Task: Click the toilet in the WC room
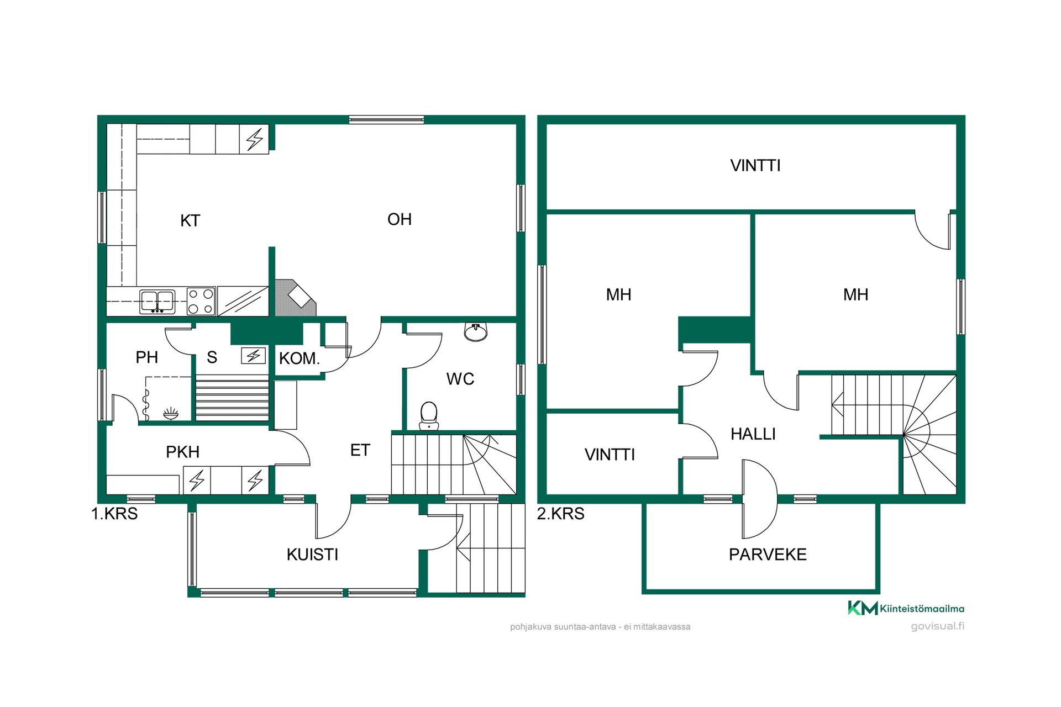tap(429, 416)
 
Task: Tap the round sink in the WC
tap(475, 332)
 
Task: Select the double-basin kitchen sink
tap(157, 302)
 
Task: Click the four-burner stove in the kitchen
tap(201, 302)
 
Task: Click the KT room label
tap(190, 221)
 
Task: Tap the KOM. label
tap(300, 358)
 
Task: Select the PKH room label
tap(182, 452)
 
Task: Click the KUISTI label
tap(312, 555)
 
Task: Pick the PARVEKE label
tap(768, 555)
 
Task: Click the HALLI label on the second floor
tap(753, 434)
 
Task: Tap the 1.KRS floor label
tap(114, 514)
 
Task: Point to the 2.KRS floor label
tap(561, 514)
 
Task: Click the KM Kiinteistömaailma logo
tap(906, 608)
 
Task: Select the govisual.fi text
tap(938, 626)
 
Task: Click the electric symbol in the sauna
tap(254, 356)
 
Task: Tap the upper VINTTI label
tap(755, 166)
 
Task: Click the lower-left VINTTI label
tap(610, 455)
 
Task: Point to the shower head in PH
tap(171, 413)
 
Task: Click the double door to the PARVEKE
tap(760, 499)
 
